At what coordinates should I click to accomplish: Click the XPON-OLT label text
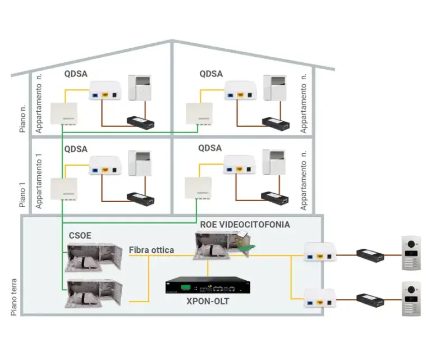pyautogui.click(x=208, y=302)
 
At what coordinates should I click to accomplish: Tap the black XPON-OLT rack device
pyautogui.click(x=207, y=286)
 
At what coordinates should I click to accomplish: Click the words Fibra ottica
pyautogui.click(x=151, y=249)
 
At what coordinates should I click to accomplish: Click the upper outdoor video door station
pyautogui.click(x=411, y=253)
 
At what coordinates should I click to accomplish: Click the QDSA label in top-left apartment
pyautogui.click(x=76, y=74)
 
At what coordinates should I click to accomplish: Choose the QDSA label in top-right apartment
pyautogui.click(x=211, y=74)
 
